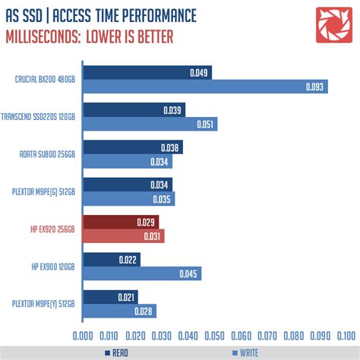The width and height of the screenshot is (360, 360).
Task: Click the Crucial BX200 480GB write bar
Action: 205,87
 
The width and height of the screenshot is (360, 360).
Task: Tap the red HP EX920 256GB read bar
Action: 121,222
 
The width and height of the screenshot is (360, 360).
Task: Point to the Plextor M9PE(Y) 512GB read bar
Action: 110,296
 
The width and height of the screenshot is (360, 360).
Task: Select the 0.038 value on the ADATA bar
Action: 171,147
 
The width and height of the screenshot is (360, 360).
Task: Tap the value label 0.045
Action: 189,273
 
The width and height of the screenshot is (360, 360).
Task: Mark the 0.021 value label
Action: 127,296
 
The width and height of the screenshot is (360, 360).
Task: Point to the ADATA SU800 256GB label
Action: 47,154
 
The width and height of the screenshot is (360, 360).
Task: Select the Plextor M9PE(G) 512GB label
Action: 44,191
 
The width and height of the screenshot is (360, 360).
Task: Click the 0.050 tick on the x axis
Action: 213,334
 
